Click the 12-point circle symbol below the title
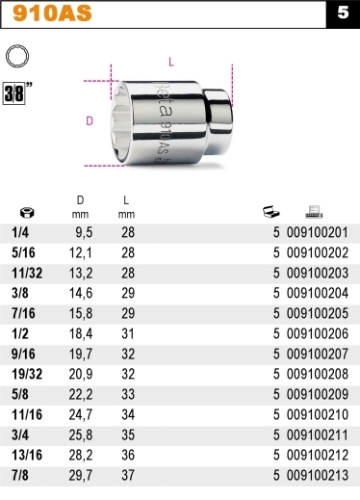(x=16, y=59)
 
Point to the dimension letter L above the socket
(x=170, y=62)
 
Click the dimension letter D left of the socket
(x=90, y=121)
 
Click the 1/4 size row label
(x=19, y=232)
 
